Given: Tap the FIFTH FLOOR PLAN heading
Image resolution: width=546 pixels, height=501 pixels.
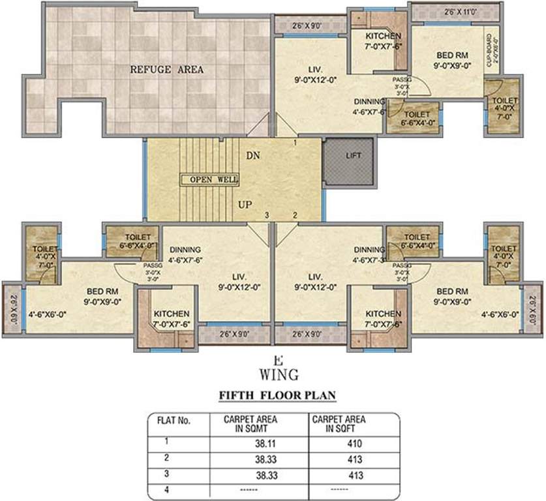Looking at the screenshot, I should point(272,396).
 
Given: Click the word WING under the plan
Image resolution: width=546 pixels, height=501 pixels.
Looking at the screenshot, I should point(279,374).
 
